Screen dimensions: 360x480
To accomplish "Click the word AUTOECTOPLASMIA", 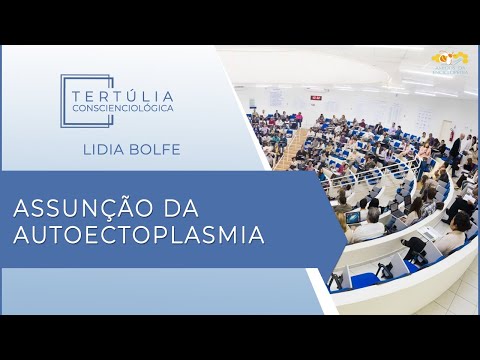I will coord(138,236).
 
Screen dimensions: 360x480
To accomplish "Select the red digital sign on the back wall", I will coord(315,97).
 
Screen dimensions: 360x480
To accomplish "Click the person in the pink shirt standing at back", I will coord(298,118).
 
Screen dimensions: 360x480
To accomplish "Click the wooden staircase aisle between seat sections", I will coord(291,150).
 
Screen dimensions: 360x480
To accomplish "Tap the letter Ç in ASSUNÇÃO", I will coord(101,210).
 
